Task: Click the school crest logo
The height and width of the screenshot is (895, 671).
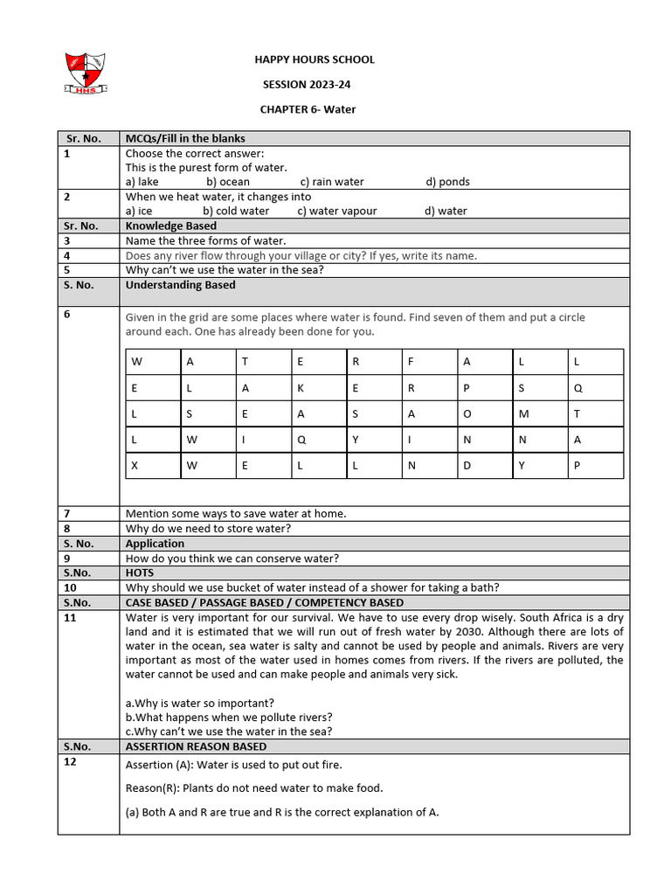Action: coord(86,73)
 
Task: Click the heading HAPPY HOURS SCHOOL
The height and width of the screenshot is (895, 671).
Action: coord(315,59)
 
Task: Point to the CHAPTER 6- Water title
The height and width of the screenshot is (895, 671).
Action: coord(308,109)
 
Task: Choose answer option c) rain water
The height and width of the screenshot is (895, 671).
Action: coord(332,182)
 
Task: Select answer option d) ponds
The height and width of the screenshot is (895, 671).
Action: coord(447,182)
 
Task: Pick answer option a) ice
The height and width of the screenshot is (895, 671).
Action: coord(139,211)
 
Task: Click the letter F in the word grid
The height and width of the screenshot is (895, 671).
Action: coord(411,362)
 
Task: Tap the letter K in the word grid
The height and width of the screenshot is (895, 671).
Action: coord(301,388)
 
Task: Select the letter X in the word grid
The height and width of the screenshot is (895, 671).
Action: coord(135,466)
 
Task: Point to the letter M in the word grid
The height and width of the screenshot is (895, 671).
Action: coord(522,414)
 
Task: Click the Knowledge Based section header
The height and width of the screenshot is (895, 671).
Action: coord(171,225)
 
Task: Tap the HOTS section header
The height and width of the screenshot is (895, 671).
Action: coord(140,572)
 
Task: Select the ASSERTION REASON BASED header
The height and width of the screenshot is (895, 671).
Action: coord(197,746)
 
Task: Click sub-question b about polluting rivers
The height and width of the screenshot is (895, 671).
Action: coord(229,717)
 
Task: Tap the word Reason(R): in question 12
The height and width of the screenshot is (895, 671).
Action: coord(152,787)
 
